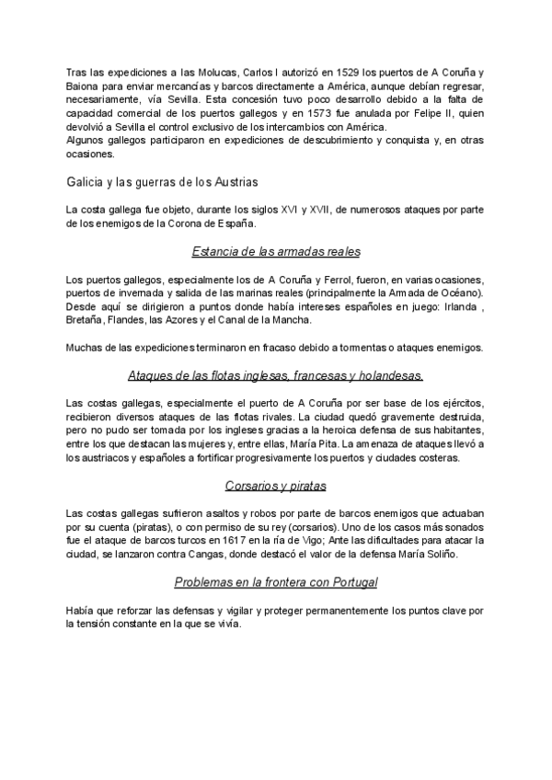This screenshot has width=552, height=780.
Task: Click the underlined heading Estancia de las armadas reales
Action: pyautogui.click(x=276, y=251)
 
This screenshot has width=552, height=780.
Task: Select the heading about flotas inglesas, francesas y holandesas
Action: pyautogui.click(x=276, y=375)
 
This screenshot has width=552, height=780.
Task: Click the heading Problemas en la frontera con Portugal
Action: pyautogui.click(x=276, y=582)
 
